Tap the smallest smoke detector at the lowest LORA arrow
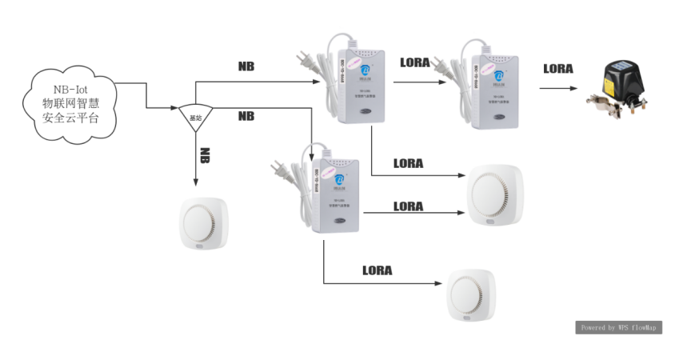(x=472, y=294)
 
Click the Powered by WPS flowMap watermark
(x=618, y=327)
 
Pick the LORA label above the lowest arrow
(x=377, y=270)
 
